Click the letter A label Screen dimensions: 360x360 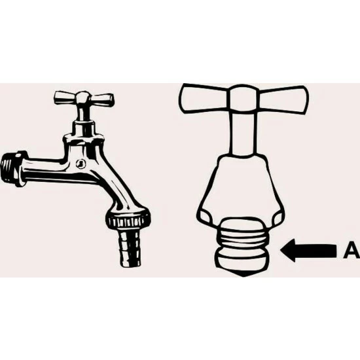point(352,251)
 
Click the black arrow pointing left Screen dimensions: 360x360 point(308,251)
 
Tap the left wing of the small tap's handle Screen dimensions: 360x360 point(65,98)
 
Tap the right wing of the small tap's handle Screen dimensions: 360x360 point(101,99)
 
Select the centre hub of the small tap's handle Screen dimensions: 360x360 point(83,98)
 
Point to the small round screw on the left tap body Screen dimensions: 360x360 point(81,164)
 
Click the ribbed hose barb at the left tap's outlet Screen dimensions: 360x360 point(130,248)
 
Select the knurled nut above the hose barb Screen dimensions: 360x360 point(128,219)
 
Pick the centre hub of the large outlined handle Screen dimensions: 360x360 point(243,99)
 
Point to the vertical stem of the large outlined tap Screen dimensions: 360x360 point(243,134)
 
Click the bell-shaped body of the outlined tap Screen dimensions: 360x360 point(240,189)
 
